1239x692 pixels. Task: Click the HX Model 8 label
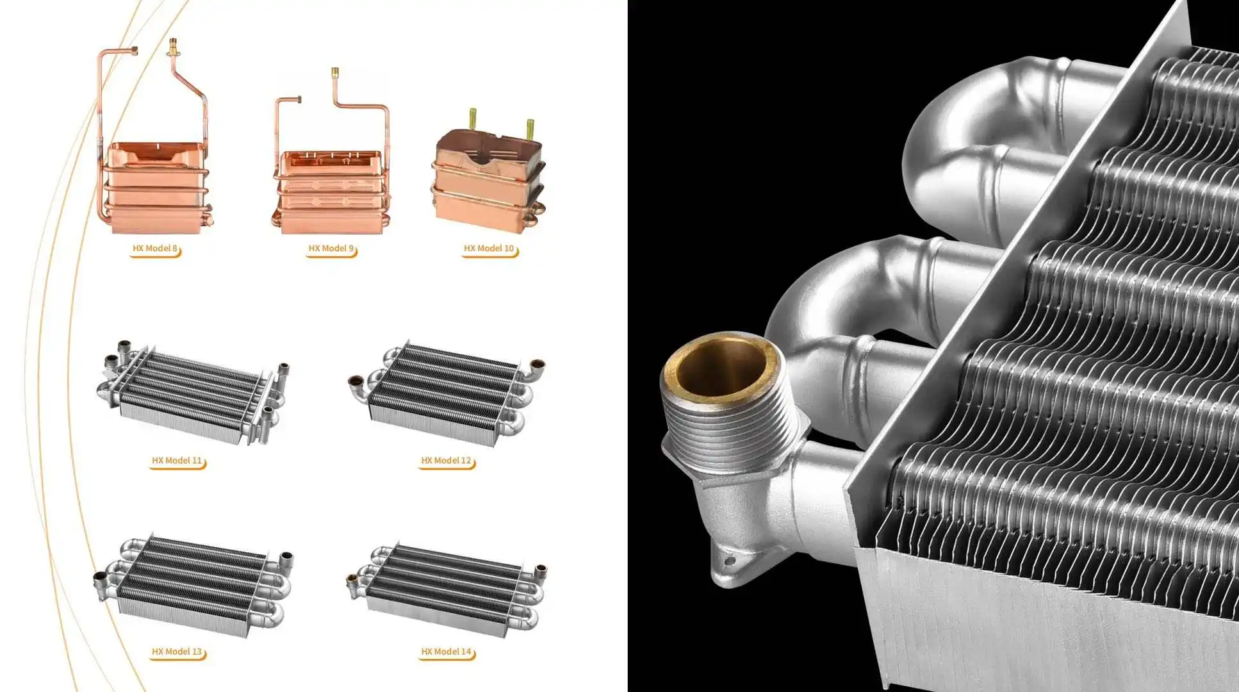coord(155,249)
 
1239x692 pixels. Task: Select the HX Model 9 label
coord(331,249)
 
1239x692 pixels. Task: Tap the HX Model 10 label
coord(489,249)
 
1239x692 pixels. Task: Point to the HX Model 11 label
coord(177,461)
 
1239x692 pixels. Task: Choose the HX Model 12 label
coord(446,461)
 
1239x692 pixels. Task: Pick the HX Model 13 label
coord(177,652)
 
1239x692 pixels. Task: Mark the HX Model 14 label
coord(446,652)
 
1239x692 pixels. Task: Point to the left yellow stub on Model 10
coord(473,119)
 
